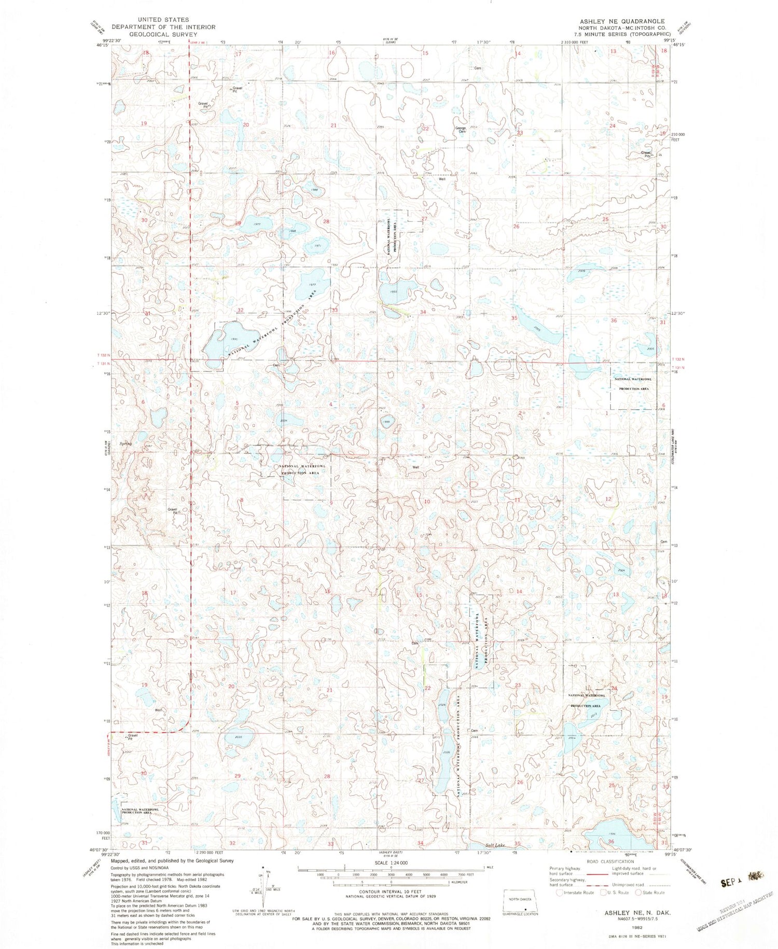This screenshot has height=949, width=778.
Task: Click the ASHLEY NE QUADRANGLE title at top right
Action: [622, 21]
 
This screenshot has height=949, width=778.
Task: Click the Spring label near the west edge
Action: [126, 444]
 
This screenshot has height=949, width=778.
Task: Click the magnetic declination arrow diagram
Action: [265, 887]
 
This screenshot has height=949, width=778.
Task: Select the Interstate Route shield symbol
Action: [559, 892]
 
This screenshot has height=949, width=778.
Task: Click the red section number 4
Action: [330, 404]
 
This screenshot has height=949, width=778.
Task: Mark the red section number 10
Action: [427, 501]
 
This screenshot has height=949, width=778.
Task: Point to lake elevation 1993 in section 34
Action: [393, 292]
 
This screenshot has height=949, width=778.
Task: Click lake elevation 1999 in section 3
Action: [386, 422]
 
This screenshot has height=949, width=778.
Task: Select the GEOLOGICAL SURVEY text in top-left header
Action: [163, 34]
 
